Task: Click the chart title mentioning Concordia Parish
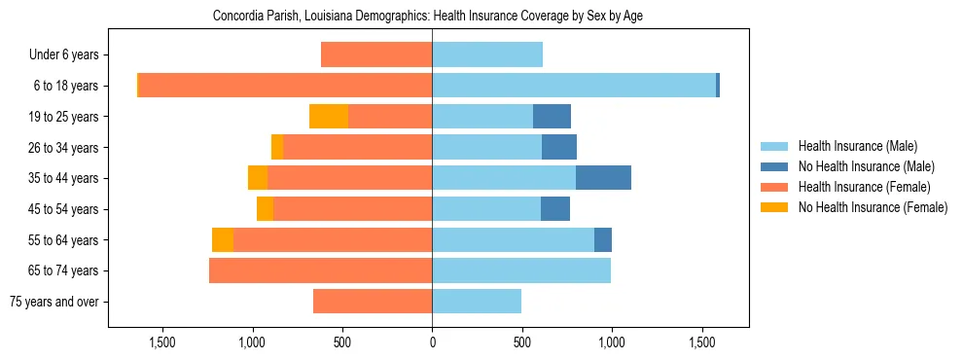pos(428,17)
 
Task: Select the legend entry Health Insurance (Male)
pos(857,146)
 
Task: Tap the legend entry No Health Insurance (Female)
pos(873,207)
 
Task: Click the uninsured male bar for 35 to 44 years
pos(603,178)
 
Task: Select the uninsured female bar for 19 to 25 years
pos(329,117)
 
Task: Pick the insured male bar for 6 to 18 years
pos(574,86)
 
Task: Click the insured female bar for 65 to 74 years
pos(321,270)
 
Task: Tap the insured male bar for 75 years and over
pos(477,302)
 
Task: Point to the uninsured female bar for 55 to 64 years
pos(223,239)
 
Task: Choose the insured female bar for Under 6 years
pos(376,55)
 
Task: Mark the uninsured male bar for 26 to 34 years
pos(559,147)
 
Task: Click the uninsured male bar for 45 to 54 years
pos(555,209)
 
